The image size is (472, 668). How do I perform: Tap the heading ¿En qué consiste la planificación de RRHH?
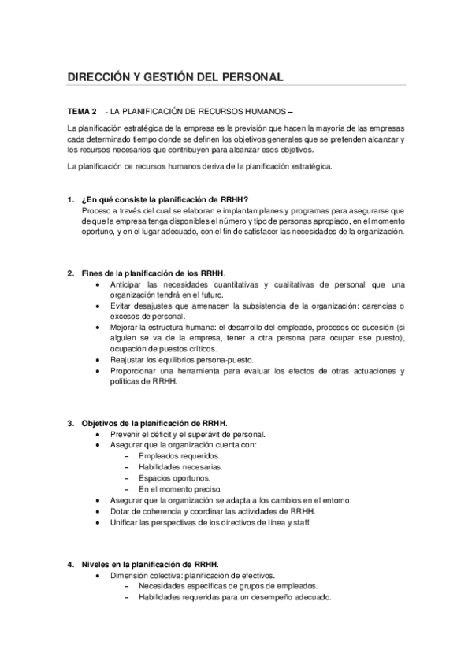(165, 199)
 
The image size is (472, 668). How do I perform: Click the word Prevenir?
(127, 434)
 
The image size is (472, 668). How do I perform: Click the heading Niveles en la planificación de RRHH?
(151, 564)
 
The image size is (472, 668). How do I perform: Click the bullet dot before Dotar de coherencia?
(96, 510)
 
